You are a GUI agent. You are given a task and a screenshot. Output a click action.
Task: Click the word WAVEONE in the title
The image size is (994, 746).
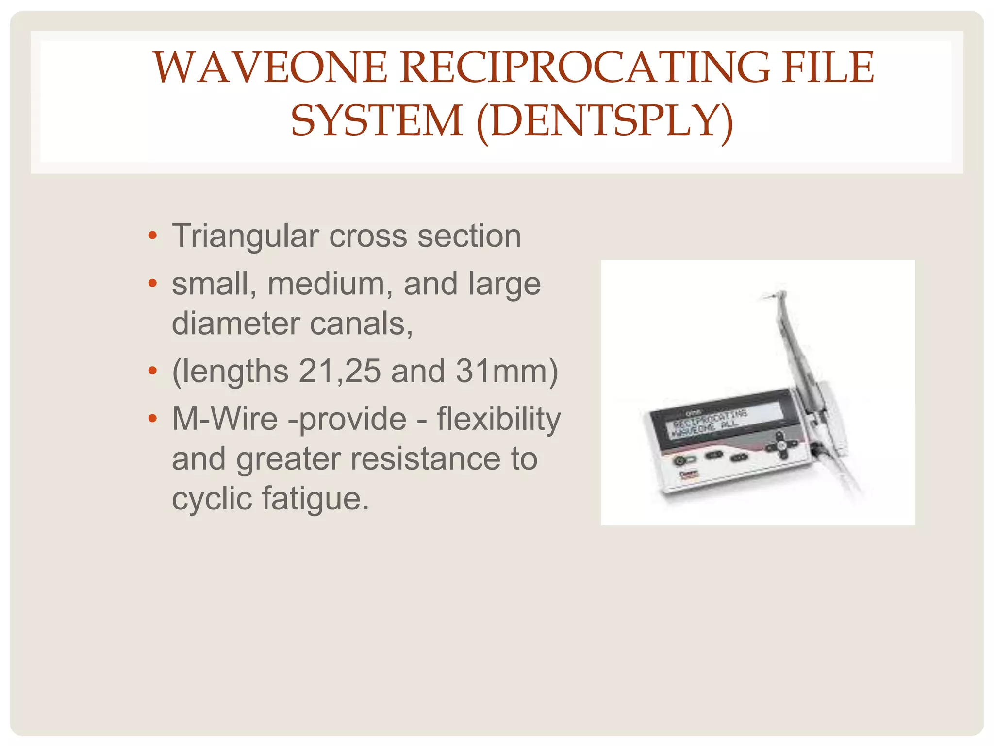click(x=270, y=68)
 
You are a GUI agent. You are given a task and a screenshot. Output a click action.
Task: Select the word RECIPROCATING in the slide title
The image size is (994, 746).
click(x=585, y=68)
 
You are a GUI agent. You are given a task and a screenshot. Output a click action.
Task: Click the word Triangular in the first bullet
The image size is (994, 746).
click(x=245, y=237)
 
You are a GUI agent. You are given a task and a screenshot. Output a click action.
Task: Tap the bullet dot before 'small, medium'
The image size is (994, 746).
click(x=153, y=283)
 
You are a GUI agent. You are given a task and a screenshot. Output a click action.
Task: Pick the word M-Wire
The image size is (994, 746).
click(x=225, y=419)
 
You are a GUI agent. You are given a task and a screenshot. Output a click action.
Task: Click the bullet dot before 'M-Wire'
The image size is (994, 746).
click(x=153, y=418)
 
